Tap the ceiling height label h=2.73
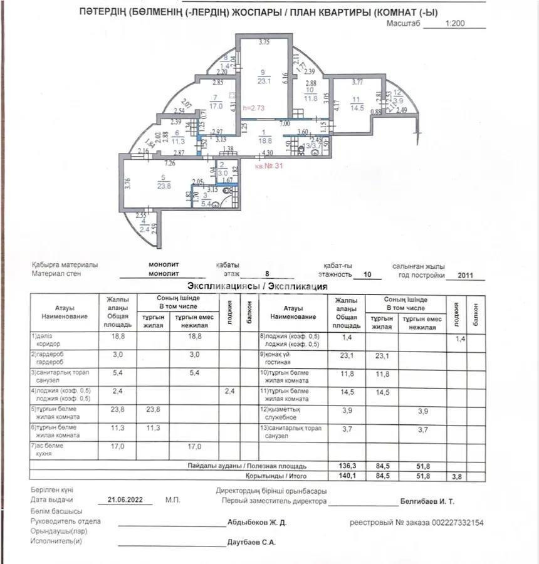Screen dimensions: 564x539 (x=254, y=107)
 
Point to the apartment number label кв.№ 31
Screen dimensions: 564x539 (x=269, y=167)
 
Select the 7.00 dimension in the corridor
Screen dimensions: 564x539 (x=285, y=124)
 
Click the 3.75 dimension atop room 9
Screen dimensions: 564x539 (x=264, y=43)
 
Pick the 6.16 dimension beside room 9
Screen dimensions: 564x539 (x=285, y=78)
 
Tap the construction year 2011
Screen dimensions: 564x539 (x=466, y=274)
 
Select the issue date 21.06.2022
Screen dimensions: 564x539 (x=125, y=500)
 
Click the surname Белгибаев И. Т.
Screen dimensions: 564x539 (x=427, y=501)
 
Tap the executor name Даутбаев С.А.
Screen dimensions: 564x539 (x=251, y=542)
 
